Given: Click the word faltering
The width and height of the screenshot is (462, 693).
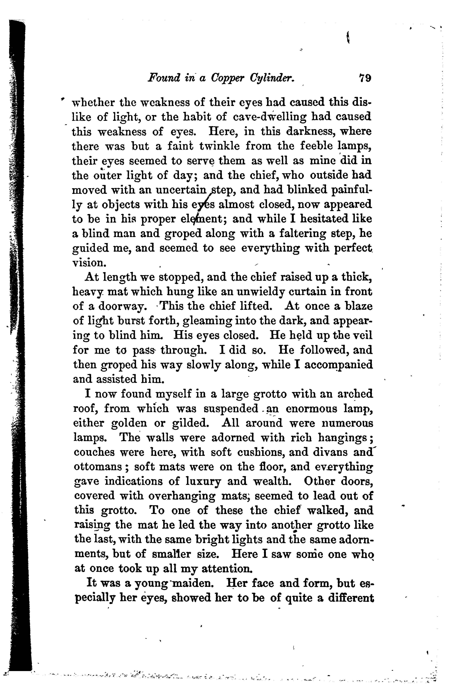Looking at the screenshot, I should point(319,234).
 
